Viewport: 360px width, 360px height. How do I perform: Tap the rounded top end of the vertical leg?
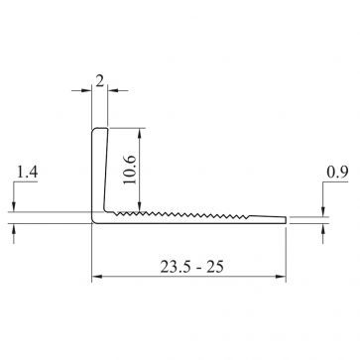(99, 130)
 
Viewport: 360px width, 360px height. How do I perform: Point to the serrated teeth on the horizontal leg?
(179, 212)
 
